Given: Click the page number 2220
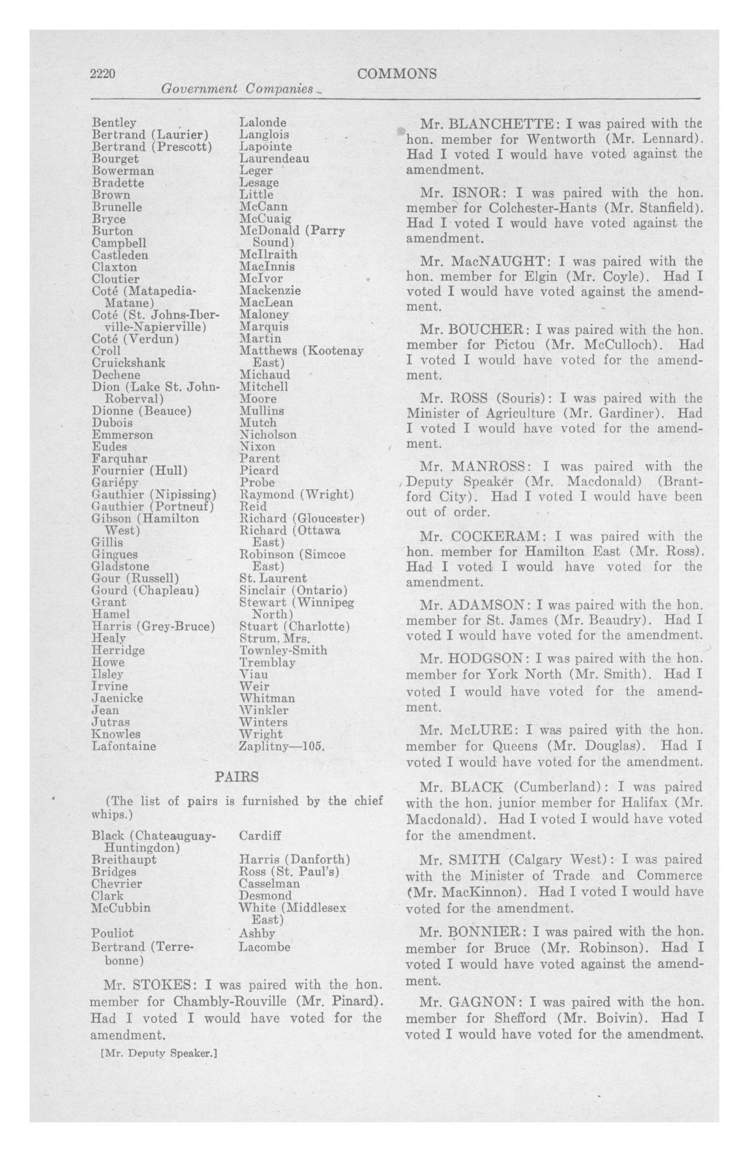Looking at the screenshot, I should [103, 74].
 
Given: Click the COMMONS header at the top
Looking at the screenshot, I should [396, 74].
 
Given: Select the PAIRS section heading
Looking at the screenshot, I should [237, 777].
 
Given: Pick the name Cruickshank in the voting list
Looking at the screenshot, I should [128, 363].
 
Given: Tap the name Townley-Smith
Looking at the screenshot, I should [283, 650].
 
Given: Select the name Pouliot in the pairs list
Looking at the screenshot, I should [112, 933].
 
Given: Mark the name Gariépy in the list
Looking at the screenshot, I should [115, 483].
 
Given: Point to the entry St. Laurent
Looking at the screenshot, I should [273, 578].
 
